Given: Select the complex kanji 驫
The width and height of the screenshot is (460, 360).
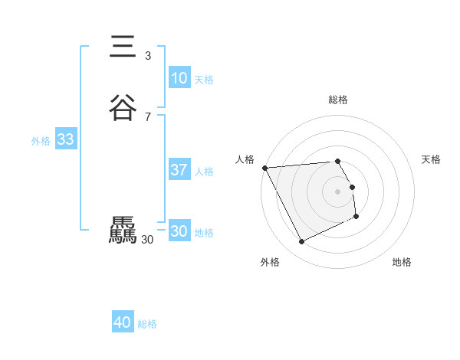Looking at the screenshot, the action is [123, 231].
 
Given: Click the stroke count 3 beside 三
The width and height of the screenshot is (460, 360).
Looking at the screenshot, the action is [148, 55].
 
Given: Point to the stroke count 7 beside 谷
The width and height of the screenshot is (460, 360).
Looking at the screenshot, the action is [148, 116].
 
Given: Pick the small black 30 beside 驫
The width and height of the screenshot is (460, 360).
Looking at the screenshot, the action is [148, 240].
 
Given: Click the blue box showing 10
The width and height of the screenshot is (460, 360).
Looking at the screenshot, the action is [179, 78].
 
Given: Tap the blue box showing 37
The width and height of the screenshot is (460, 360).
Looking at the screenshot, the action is [179, 170].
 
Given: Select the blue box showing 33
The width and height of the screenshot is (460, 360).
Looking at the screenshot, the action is [65, 139].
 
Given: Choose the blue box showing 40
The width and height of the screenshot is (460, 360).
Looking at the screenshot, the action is [123, 323].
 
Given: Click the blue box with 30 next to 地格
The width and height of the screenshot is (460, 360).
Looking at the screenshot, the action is [179, 231].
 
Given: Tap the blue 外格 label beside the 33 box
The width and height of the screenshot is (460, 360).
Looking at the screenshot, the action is [41, 141].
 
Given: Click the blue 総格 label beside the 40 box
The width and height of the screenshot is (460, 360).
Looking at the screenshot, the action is [147, 325].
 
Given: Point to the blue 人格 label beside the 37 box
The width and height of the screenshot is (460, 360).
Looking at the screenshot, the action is [204, 172].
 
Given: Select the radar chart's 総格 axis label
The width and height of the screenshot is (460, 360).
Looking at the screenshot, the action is [338, 100].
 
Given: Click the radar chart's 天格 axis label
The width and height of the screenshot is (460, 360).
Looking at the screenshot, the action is [431, 159].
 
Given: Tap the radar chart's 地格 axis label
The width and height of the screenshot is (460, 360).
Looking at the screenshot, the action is [402, 262].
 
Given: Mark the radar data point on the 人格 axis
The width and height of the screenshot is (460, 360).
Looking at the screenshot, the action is [264, 168].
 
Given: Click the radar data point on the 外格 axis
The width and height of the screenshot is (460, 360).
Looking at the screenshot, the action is [301, 242].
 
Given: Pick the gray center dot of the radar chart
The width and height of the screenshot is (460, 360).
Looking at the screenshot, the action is [338, 191].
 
